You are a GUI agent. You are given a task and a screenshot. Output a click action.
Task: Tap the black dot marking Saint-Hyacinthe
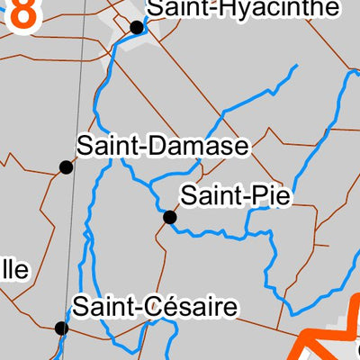pyautogui.click(x=137, y=27)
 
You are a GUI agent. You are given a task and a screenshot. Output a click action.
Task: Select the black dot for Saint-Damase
pyautogui.click(x=66, y=166)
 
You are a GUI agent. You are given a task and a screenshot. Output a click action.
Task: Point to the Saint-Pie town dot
pyautogui.click(x=169, y=217)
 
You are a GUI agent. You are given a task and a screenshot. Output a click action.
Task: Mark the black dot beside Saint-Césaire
pyautogui.click(x=61, y=328)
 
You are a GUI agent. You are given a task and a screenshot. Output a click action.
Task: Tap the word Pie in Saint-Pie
pyautogui.click(x=272, y=196)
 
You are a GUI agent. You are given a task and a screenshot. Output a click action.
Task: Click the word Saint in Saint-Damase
pyautogui.click(x=103, y=147)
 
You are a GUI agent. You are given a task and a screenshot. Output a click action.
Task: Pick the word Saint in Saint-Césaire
pyautogui.click(x=99, y=308)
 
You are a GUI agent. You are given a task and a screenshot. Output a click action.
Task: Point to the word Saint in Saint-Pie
pyautogui.click(x=208, y=196)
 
